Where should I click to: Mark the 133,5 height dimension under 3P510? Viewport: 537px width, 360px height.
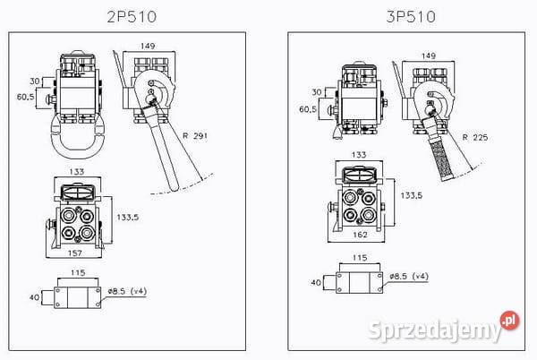(x=410, y=194)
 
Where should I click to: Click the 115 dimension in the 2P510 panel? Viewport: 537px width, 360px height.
(x=78, y=273)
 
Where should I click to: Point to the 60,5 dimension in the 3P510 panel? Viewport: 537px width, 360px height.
(x=308, y=108)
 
